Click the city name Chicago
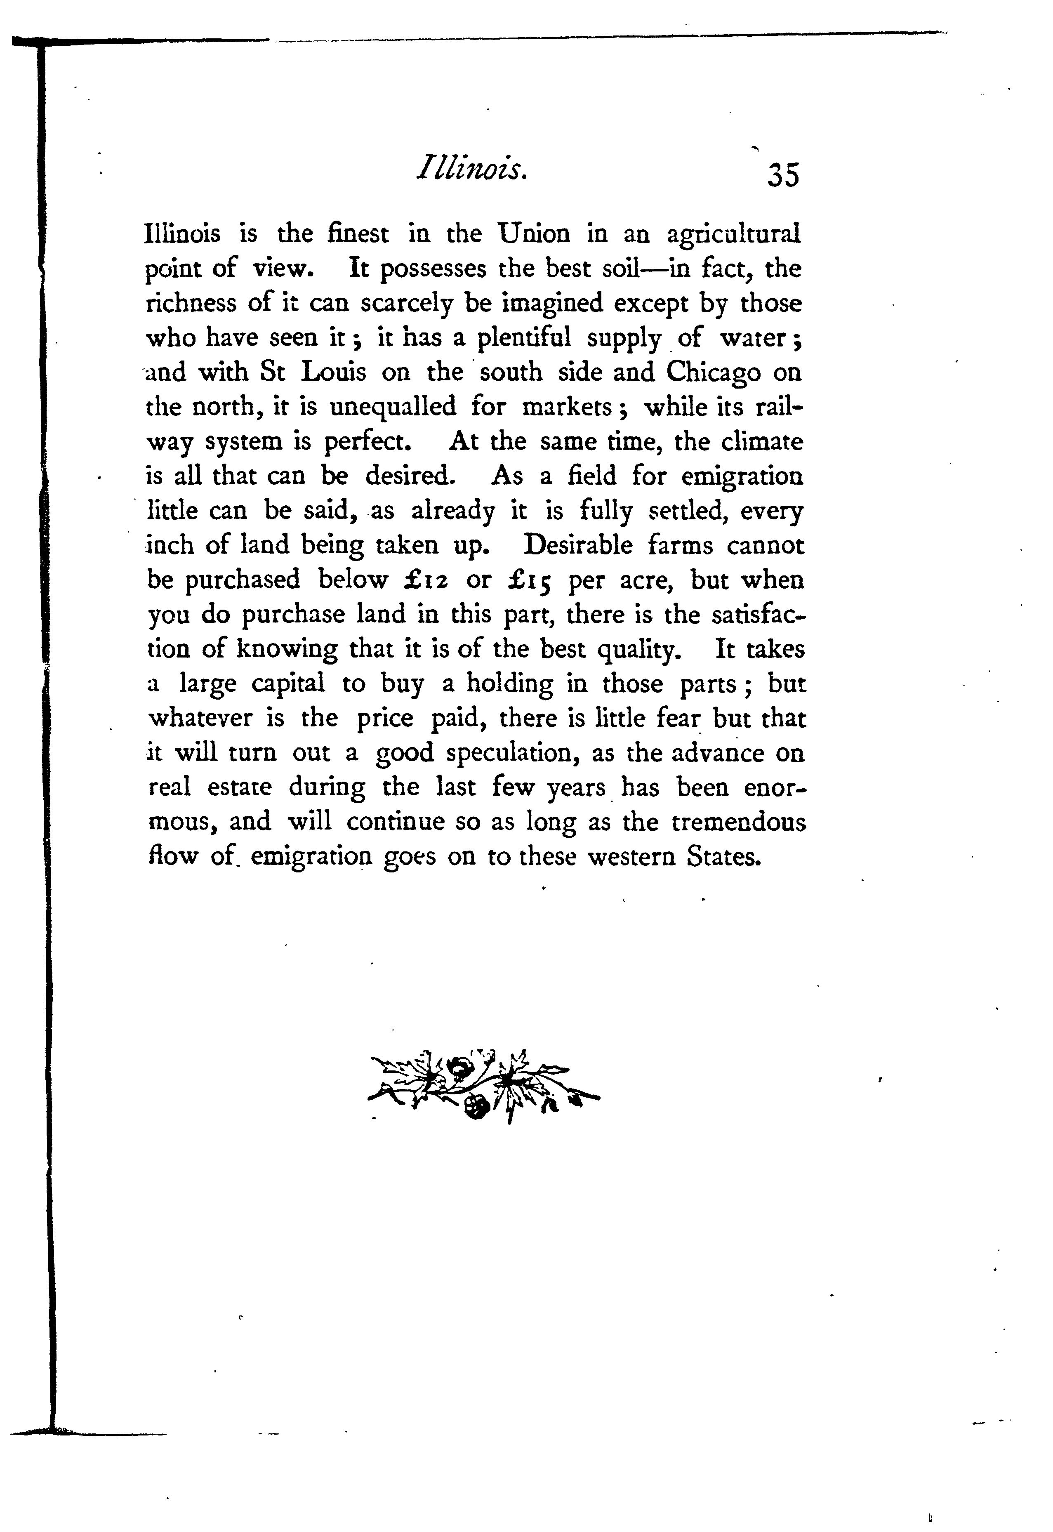(x=713, y=373)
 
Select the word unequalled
(x=393, y=408)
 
